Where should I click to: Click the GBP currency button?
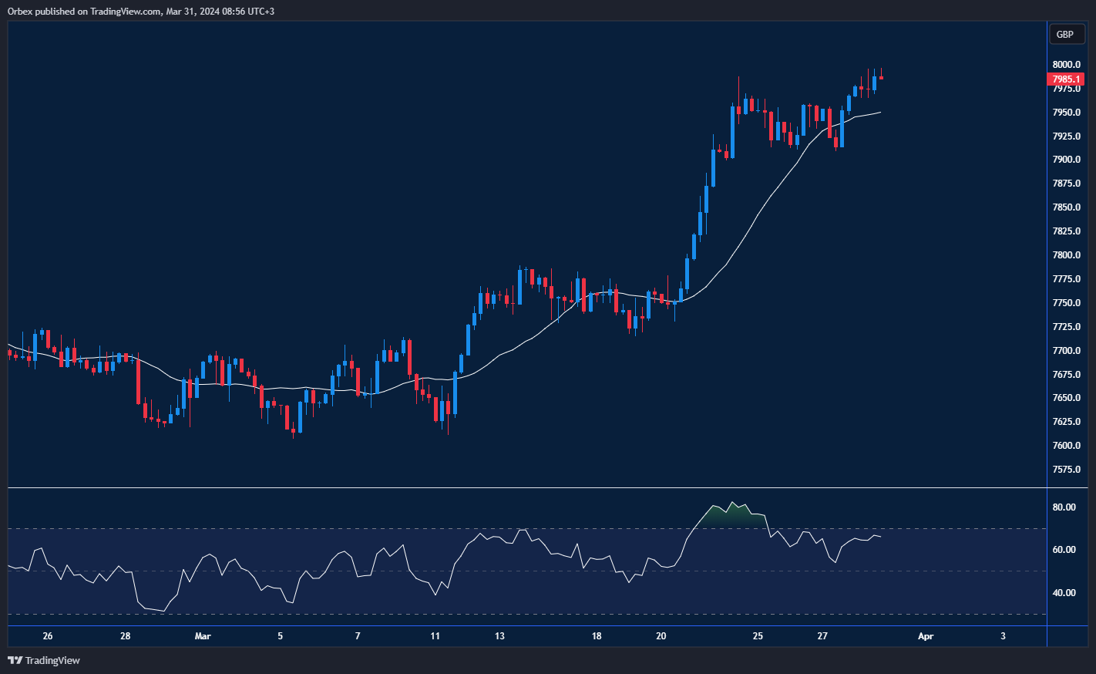(1066, 34)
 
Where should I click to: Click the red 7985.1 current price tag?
(1066, 79)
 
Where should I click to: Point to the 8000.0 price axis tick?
(1066, 65)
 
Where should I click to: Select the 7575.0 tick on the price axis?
(1066, 470)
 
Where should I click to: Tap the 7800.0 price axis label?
(1066, 255)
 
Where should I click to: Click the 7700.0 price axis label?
(1066, 351)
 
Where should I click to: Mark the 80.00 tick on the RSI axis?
(1064, 507)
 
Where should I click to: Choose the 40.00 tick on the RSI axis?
(1064, 593)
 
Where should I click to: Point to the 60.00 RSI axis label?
(1064, 550)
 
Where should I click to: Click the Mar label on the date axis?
(203, 636)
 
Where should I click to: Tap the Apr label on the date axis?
(926, 636)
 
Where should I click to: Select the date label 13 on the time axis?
(499, 636)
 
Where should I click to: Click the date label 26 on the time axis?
(48, 636)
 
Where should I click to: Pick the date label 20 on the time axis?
(661, 636)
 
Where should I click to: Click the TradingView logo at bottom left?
(44, 660)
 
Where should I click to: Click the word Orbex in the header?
(19, 12)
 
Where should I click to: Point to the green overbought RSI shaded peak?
(732, 517)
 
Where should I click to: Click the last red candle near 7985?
(881, 78)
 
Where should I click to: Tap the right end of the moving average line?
(879, 113)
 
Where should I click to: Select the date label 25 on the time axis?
(758, 636)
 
